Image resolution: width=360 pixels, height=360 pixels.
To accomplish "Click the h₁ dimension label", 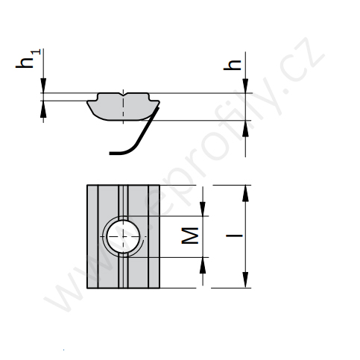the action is pyautogui.click(x=28, y=59).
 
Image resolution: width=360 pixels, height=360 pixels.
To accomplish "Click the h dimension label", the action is pyautogui.click(x=233, y=65).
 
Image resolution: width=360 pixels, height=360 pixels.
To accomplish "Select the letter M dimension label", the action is pyautogui.click(x=190, y=236).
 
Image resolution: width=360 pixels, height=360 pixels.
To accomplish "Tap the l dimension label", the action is pyautogui.click(x=234, y=235).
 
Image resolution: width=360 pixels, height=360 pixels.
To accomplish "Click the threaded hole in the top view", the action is pyautogui.click(x=123, y=236).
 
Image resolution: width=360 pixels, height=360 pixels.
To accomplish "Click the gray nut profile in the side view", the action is pyautogui.click(x=123, y=107).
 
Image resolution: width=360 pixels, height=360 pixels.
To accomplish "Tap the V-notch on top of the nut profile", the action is pyautogui.click(x=124, y=95).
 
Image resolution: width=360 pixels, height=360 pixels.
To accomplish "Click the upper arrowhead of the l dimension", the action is pyautogui.click(x=245, y=193).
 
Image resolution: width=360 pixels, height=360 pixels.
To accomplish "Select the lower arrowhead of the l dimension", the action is pyautogui.click(x=245, y=280).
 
